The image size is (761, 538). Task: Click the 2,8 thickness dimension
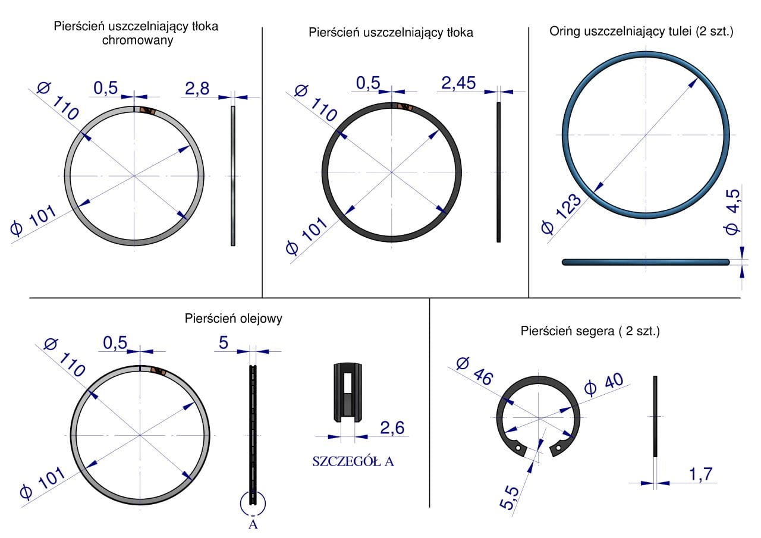pos(197,89)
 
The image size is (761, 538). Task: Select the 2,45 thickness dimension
pos(458,83)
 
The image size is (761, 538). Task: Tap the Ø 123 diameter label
pos(561,213)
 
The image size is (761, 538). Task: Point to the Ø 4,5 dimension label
pos(732,212)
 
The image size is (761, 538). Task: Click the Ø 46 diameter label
pos(474,371)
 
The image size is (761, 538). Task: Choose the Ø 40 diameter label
pos(603,384)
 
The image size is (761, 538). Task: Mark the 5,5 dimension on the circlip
pos(510,498)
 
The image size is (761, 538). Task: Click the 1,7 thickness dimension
pos(700,474)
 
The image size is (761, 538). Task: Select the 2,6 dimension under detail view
pos(392,427)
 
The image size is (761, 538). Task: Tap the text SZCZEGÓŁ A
pos(353,461)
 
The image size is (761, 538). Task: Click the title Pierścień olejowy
pos(234,319)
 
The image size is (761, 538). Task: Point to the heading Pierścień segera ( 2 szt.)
pos(590,331)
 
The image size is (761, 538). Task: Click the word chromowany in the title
pos(137,40)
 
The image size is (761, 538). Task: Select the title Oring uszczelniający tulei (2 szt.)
pos(641,32)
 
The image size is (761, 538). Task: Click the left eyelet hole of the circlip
pos(518,448)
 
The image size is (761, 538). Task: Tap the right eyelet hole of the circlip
pos(558,448)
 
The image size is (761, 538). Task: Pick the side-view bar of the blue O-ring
pos(646,262)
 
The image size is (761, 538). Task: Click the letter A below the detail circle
pos(253,524)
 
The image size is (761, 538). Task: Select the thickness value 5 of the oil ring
pos(223,342)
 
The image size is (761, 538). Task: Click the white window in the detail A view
pos(348,383)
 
